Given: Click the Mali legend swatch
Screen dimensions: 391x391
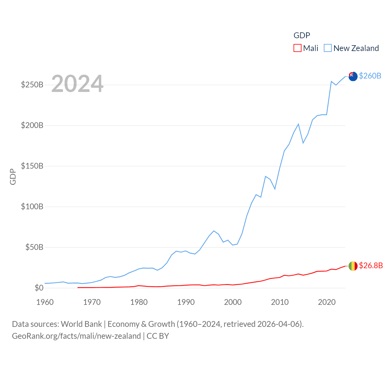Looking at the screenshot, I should [297, 48].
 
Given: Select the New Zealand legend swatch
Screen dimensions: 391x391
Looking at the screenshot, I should [327, 48].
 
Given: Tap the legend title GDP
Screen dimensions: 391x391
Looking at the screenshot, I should [301, 35].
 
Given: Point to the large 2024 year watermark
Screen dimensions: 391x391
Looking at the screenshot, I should [77, 84].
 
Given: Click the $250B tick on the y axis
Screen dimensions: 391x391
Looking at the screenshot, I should [32, 85].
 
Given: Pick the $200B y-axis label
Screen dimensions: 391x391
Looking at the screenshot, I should [32, 125].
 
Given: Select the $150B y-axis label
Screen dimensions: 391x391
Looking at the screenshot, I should [32, 166].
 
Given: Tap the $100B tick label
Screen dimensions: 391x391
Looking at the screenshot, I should [32, 206].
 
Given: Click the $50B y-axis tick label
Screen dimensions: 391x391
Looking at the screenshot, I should [34, 247].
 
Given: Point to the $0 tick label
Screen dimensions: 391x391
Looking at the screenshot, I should [39, 288].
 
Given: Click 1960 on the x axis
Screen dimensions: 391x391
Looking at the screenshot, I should [45, 302].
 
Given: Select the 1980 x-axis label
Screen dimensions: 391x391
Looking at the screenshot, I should [139, 302].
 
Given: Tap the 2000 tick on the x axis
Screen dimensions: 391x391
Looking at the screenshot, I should [233, 302].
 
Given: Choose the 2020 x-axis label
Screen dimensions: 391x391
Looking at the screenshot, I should [327, 302].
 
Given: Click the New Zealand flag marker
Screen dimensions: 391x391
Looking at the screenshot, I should [353, 76].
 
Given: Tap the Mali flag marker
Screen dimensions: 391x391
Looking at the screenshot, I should [353, 266].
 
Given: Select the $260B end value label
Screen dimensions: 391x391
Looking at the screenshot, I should [370, 76].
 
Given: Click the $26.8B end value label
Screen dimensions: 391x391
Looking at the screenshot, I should [371, 265].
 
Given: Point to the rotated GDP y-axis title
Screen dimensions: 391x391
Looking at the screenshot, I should [13, 177].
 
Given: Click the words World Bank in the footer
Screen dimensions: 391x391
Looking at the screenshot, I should [81, 324].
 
